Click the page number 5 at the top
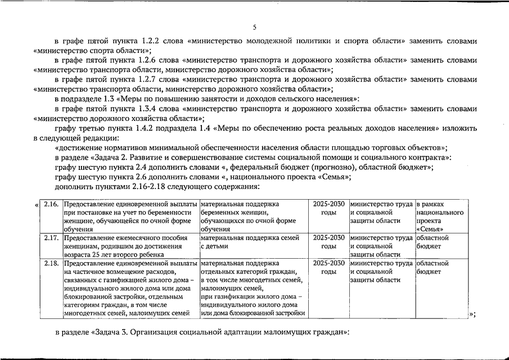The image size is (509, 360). (x=254, y=27)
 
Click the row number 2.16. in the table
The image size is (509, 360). (x=51, y=204)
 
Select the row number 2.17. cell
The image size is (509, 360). (x=51, y=238)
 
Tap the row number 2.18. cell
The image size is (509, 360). (x=51, y=263)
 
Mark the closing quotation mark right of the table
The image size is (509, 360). (x=472, y=314)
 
